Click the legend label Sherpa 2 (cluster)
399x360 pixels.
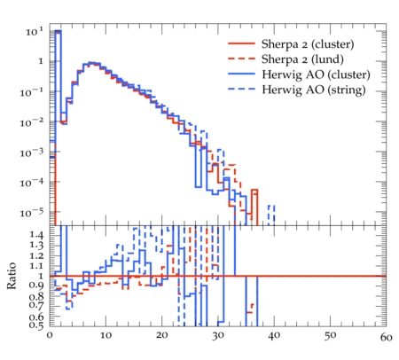click(x=308, y=44)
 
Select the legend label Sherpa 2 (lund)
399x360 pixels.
click(x=302, y=59)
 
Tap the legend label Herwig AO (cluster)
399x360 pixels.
click(x=316, y=74)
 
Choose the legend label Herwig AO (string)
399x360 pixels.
click(x=313, y=90)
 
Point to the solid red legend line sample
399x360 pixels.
click(x=241, y=43)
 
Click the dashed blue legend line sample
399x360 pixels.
click(x=241, y=89)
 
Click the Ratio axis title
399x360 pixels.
click(x=12, y=276)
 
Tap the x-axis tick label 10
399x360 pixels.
click(x=106, y=335)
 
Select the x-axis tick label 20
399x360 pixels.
click(x=161, y=335)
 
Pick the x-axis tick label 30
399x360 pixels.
click(x=218, y=336)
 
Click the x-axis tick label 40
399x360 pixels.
click(x=274, y=336)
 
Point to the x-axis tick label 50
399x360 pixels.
click(x=330, y=336)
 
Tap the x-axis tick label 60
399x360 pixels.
click(x=386, y=337)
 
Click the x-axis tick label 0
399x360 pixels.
click(x=50, y=335)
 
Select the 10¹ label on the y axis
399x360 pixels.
click(x=35, y=31)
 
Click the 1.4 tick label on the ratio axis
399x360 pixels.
click(x=36, y=235)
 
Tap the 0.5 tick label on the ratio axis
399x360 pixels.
click(x=36, y=325)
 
